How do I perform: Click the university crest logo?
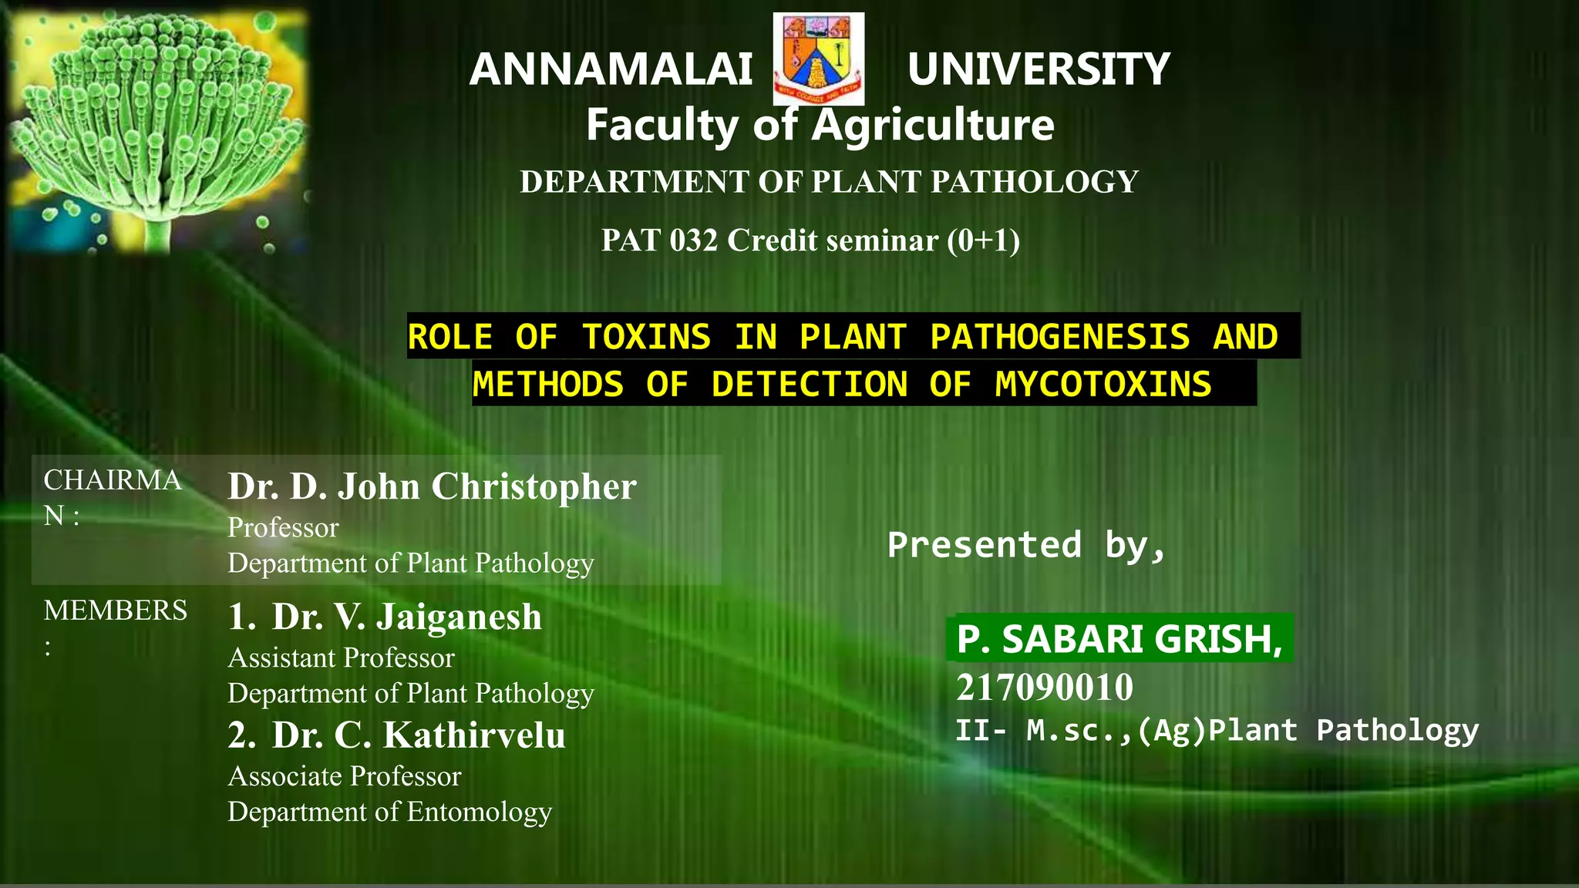coord(818,59)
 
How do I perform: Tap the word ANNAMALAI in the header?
coord(611,69)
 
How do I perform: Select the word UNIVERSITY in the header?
coord(1038,69)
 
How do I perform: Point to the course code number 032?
coord(694,240)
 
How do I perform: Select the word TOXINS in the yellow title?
coord(646,337)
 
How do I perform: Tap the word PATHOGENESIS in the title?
coord(1059,337)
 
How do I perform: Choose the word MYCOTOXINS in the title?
coord(1103,384)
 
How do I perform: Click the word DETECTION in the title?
coord(810,384)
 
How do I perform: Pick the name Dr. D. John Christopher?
coord(432,486)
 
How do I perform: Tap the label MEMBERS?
coord(116,610)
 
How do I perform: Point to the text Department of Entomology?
coord(389,812)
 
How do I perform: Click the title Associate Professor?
coord(345,776)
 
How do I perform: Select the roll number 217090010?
coord(1045,687)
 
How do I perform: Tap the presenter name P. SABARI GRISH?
coord(1119,639)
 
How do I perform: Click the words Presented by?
coord(1025,545)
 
